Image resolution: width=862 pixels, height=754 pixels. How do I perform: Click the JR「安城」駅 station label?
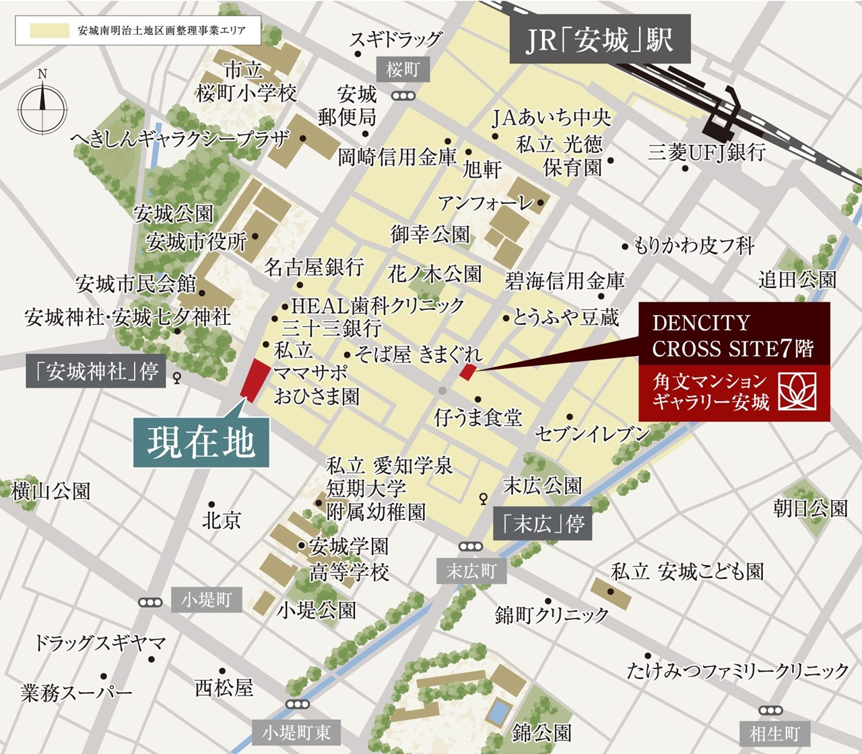pos(599,41)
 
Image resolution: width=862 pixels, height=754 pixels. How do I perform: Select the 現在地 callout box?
pos(201,442)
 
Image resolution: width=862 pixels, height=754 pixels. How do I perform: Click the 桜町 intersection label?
pos(403,69)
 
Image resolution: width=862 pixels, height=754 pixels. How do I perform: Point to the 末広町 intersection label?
pos(471,571)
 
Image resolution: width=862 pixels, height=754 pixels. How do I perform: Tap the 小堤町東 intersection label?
pos(296,732)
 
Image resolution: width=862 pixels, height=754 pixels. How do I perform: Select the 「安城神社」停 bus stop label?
pos(94,372)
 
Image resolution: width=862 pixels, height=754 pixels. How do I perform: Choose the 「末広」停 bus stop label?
pos(543,524)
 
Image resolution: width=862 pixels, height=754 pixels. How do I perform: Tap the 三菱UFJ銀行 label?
pos(706,152)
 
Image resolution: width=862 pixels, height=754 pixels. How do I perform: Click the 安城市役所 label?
pos(197,241)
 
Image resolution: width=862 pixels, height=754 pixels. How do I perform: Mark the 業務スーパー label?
pos(76,692)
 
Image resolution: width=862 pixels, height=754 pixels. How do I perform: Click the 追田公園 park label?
pos(797,279)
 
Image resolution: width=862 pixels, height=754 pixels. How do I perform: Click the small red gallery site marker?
pos(467,372)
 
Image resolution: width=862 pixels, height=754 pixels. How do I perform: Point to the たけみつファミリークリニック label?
pos(738,671)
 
